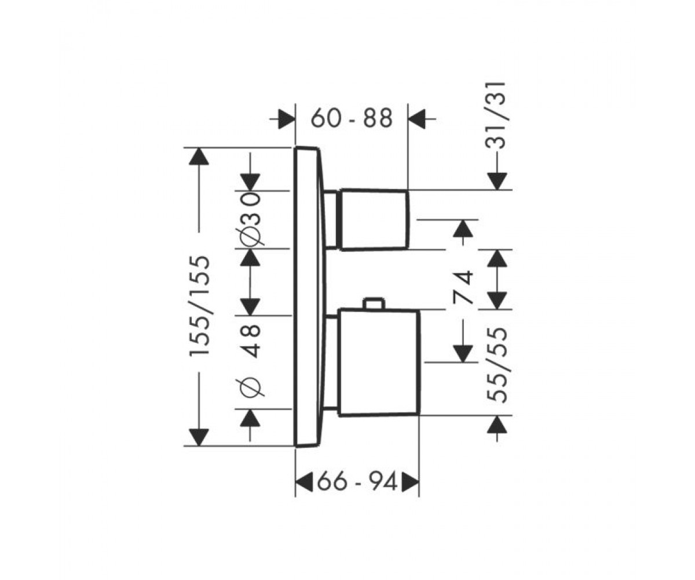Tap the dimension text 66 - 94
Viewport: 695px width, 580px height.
click(x=357, y=481)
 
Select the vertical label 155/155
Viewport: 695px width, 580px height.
click(x=200, y=306)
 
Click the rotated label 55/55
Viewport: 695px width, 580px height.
click(x=496, y=365)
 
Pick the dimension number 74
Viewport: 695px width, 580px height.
click(x=463, y=287)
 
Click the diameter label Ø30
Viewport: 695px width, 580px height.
click(x=250, y=219)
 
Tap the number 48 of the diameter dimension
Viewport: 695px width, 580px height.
click(x=250, y=342)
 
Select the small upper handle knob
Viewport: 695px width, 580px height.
click(x=374, y=219)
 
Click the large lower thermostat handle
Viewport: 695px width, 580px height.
click(x=379, y=362)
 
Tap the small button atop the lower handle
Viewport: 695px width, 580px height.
click(x=375, y=304)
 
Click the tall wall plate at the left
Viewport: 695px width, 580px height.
click(x=308, y=296)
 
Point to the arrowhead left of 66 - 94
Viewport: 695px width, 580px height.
click(x=304, y=481)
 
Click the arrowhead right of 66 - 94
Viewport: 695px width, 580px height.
click(x=410, y=481)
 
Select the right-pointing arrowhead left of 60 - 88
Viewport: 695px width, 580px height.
click(x=287, y=119)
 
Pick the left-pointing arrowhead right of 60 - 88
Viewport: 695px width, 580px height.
click(x=417, y=119)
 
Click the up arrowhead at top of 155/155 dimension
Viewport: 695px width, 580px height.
click(x=199, y=157)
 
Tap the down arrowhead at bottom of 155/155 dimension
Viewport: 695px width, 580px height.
click(x=199, y=437)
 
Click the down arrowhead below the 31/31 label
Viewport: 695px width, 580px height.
click(x=497, y=182)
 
